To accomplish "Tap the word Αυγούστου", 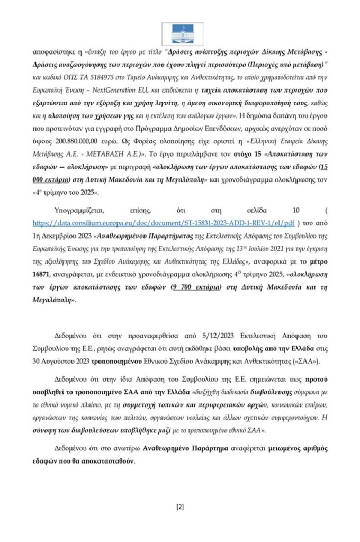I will (x=60, y=360).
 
